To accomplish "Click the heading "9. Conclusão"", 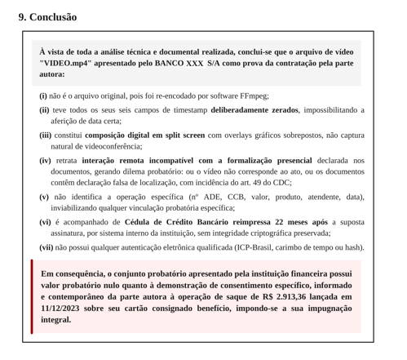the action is click(x=48, y=16).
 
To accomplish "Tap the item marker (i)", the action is click(x=43, y=95).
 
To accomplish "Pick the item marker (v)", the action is click(x=44, y=197).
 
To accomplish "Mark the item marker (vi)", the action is click(x=45, y=222).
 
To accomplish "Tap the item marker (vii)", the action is click(x=46, y=247).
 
